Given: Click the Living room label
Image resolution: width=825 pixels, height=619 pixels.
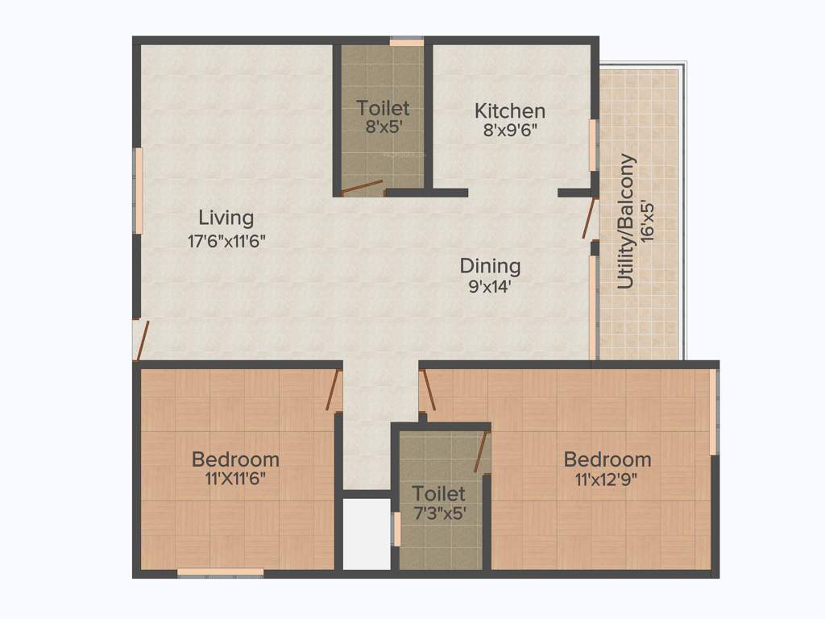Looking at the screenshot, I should point(226,218).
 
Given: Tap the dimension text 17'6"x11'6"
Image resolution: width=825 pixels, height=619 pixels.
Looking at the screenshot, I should point(226,240).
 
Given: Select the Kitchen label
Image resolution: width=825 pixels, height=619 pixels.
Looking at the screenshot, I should point(509,111).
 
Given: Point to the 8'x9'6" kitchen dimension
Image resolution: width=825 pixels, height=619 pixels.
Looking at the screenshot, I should point(509,131).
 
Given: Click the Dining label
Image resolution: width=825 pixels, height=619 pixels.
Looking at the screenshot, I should point(490,266).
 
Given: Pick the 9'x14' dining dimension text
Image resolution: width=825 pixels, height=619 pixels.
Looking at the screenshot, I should point(490,285).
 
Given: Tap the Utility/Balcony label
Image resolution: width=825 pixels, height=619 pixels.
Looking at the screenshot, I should point(627,221).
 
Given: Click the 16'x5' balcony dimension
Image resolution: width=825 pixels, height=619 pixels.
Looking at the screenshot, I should point(649,218).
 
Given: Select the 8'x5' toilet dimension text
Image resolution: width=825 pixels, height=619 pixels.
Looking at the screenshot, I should point(383,127).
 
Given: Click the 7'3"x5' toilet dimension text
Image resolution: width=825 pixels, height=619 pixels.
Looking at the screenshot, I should point(439,512).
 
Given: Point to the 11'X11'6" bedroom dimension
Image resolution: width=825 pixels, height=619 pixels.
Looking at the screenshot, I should point(235,478).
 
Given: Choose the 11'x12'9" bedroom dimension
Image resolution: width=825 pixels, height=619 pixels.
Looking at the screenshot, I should point(607,478).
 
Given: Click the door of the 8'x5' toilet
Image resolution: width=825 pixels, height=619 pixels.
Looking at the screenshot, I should point(362,188).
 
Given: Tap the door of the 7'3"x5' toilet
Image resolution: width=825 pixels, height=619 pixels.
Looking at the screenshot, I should point(482,452).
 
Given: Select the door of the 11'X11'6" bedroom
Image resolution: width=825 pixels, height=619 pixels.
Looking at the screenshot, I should point(332,390).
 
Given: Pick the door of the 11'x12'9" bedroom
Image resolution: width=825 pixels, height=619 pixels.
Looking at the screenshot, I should point(428,390).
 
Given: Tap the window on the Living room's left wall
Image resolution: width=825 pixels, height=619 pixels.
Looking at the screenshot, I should point(138,190).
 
